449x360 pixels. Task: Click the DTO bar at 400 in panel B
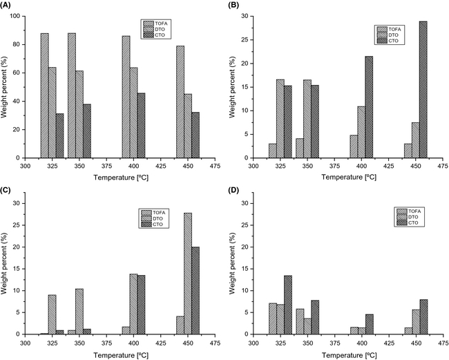click(361, 132)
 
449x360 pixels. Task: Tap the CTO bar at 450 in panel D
click(424, 317)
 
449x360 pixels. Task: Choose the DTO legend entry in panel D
click(412, 216)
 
